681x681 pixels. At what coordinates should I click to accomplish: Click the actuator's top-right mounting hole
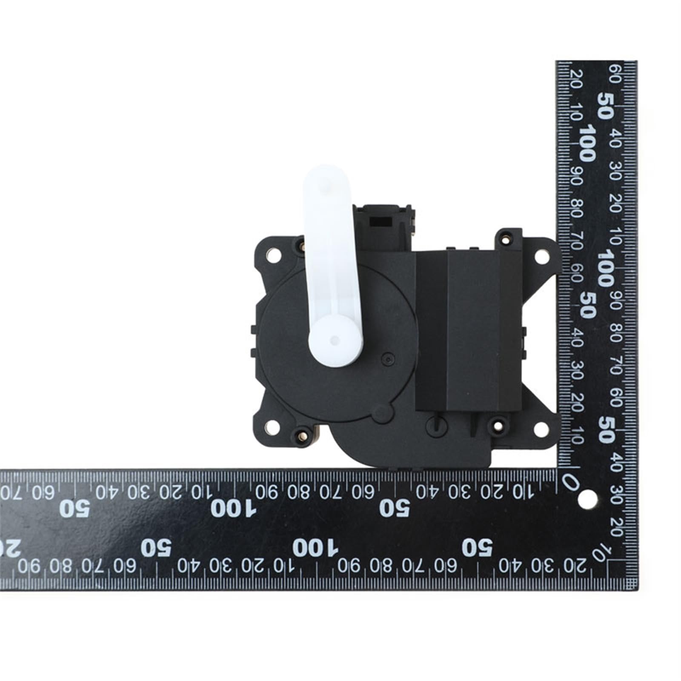coord(541,257)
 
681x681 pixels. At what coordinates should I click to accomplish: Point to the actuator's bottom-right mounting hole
coord(541,429)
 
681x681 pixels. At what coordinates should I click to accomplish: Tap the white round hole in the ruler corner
coord(587,499)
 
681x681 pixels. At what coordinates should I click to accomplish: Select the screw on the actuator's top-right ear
coord(505,239)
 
